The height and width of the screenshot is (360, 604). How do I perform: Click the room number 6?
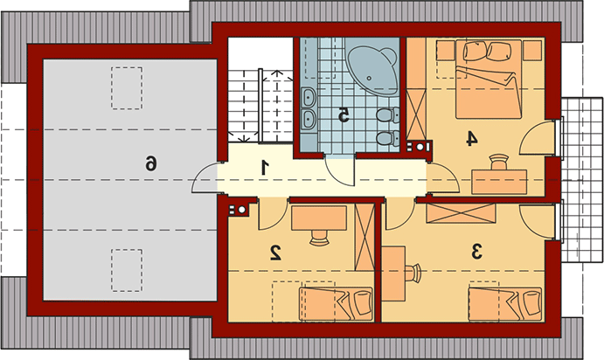tap(151, 163)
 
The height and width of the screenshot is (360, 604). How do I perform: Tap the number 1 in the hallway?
tap(265, 169)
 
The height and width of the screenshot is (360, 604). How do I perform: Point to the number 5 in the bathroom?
tap(344, 115)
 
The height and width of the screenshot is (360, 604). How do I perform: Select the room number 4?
tap(471, 139)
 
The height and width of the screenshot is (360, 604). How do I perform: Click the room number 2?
tap(276, 253)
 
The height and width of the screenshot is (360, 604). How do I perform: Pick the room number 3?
tap(476, 252)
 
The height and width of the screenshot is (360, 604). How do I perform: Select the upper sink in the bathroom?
tap(309, 97)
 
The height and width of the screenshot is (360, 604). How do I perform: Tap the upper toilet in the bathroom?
tap(388, 115)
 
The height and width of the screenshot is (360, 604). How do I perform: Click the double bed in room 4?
tap(489, 79)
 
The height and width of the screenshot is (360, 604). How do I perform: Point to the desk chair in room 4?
tap(499, 163)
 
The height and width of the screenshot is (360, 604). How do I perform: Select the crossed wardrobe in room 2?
tap(364, 237)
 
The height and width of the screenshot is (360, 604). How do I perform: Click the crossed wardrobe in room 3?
tap(461, 213)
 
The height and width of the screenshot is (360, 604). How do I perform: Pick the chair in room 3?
tap(413, 273)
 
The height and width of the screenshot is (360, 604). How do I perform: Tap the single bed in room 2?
tap(337, 304)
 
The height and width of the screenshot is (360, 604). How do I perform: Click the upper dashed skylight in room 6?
tap(127, 88)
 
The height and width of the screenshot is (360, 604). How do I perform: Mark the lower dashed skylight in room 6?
tap(127, 270)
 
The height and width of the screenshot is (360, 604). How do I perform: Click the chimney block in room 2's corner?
tap(239, 210)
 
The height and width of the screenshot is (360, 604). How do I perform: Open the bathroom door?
tap(339, 170)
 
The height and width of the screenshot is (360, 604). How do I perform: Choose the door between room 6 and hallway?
tap(205, 177)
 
